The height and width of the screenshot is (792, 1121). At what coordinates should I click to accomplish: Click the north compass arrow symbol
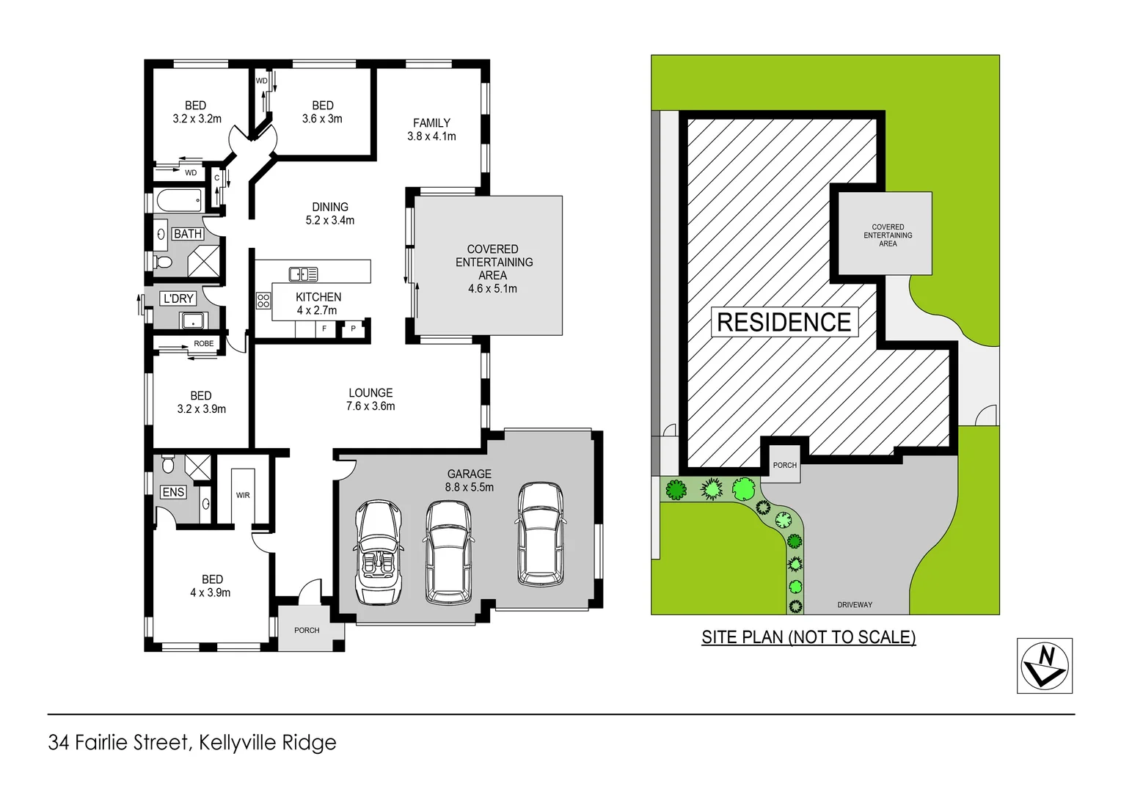click(x=1045, y=665)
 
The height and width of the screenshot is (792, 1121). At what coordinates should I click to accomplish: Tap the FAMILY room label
click(x=431, y=130)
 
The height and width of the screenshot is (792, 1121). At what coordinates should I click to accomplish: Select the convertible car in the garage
click(x=379, y=551)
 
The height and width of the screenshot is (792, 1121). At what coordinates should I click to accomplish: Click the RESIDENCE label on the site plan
click(x=784, y=322)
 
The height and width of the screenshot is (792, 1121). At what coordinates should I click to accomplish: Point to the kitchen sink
click(x=303, y=274)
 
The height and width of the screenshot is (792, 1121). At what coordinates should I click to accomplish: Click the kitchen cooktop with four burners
click(x=263, y=301)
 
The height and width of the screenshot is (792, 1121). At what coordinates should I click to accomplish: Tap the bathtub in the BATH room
click(x=179, y=200)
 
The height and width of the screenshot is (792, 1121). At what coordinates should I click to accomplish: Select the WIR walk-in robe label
click(x=243, y=495)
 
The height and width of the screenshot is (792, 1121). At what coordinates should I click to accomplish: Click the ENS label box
click(x=173, y=492)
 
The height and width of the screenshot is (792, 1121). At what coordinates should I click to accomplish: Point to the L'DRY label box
click(x=178, y=298)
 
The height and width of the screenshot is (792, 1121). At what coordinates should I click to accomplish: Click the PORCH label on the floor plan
click(x=307, y=630)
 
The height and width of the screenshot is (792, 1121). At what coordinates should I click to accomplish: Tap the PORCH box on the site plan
click(x=784, y=465)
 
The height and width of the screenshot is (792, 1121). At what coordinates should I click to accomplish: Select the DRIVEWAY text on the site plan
click(x=855, y=605)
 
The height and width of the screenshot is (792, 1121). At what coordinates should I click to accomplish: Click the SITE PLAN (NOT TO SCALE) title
click(x=808, y=637)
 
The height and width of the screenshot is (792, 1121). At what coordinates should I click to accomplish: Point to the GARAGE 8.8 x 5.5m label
click(x=469, y=480)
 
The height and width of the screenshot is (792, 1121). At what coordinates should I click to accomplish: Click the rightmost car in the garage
click(x=541, y=534)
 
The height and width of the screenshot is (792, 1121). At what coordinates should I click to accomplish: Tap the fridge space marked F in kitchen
click(x=324, y=329)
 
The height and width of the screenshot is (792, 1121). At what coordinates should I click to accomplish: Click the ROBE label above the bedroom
click(x=204, y=343)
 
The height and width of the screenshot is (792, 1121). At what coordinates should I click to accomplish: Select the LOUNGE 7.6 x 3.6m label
click(x=370, y=399)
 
